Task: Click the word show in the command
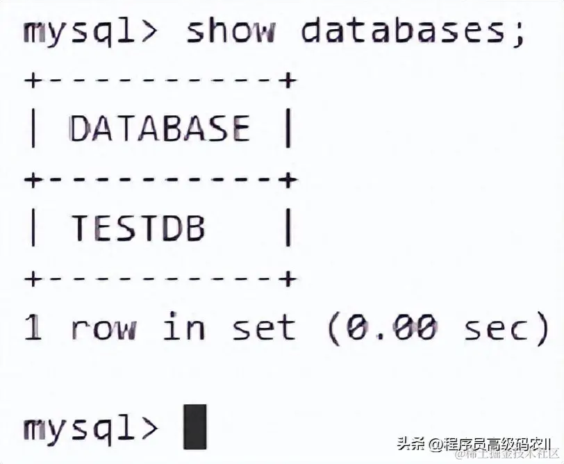pyautogui.click(x=229, y=32)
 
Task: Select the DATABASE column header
pyautogui.click(x=159, y=129)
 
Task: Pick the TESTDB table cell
pyautogui.click(x=138, y=228)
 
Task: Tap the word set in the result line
pyautogui.click(x=263, y=327)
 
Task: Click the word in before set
pyautogui.click(x=183, y=326)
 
